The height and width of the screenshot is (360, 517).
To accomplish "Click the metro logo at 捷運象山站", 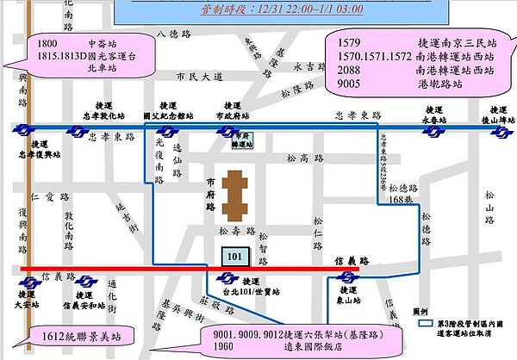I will coord(349,278).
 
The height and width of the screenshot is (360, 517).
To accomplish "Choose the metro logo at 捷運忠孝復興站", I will coord(22,130).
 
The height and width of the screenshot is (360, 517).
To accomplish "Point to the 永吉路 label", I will coord(305,66).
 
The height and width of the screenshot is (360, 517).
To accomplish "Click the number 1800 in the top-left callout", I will coord(47,42).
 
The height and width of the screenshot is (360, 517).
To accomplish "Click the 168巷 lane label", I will coord(402,200).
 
